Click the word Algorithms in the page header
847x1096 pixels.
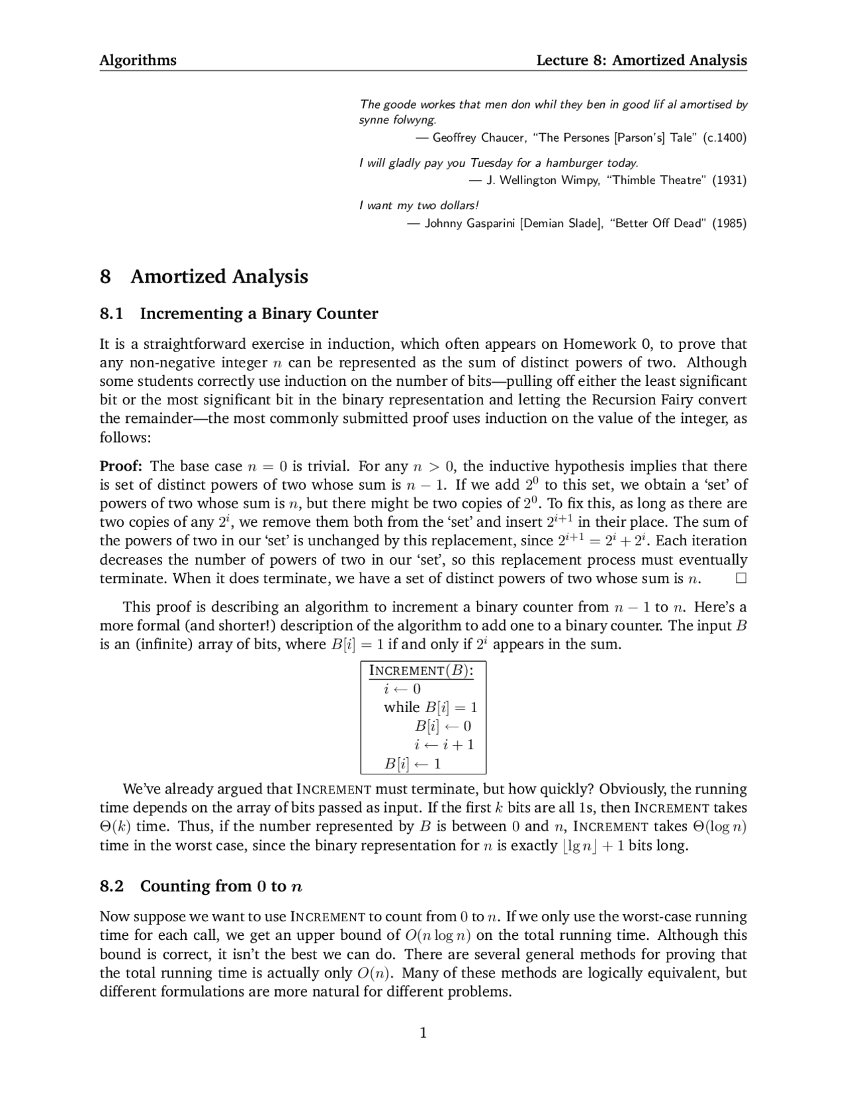pos(138,60)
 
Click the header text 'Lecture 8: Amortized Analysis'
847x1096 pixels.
pos(641,60)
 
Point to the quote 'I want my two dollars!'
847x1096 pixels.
pos(419,205)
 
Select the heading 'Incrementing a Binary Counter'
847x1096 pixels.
pos(259,313)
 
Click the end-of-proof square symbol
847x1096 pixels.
pos(740,578)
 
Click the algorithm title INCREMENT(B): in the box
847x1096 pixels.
pos(421,670)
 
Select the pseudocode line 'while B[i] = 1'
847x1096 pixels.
pos(430,707)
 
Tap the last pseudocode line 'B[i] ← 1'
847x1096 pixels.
pos(413,764)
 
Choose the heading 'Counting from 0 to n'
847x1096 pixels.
pos(222,886)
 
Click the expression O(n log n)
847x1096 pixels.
pos(437,935)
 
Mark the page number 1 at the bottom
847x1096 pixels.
pos(423,1032)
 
